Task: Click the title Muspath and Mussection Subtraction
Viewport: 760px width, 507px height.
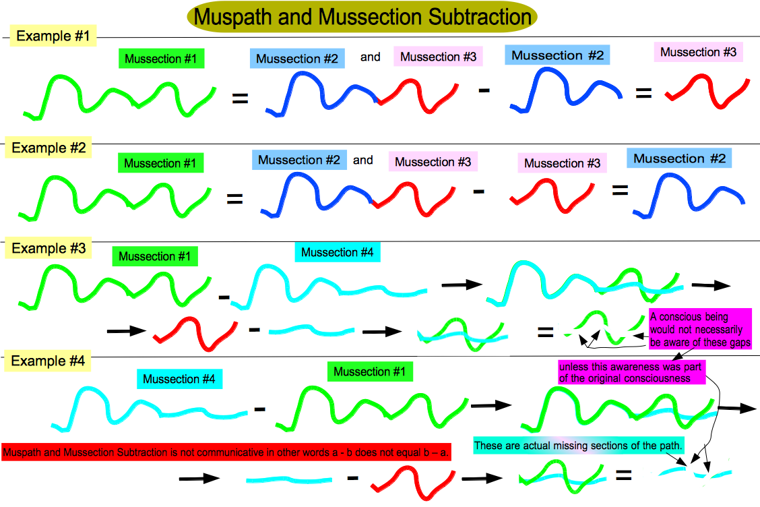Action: coord(362,17)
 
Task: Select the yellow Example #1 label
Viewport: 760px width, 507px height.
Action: coord(53,36)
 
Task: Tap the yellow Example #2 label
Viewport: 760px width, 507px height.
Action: coord(49,148)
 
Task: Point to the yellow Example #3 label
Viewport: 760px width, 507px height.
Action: coord(49,248)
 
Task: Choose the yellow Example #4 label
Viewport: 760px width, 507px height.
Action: coord(47,361)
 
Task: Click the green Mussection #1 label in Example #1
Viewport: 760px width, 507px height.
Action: coord(161,59)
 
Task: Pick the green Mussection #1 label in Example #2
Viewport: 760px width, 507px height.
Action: coord(160,163)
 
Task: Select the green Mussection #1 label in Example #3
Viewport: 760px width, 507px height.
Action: coord(154,256)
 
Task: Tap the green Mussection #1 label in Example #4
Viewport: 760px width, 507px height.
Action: coord(370,371)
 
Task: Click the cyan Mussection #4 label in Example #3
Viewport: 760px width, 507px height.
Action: coord(338,252)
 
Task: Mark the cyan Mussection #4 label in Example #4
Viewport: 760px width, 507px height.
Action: coord(179,379)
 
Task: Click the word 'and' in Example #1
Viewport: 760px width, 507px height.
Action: coord(371,57)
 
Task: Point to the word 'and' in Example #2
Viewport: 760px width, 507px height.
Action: coord(363,160)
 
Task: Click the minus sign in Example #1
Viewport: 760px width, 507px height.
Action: coord(484,90)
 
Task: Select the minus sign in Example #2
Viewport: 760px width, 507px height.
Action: coord(479,192)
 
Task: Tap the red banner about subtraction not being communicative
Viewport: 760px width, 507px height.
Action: coord(226,452)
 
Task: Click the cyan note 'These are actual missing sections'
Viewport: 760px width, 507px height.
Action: coord(579,446)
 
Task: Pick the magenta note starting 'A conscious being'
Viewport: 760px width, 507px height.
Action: coord(701,330)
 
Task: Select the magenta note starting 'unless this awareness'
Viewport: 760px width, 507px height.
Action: coord(631,372)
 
